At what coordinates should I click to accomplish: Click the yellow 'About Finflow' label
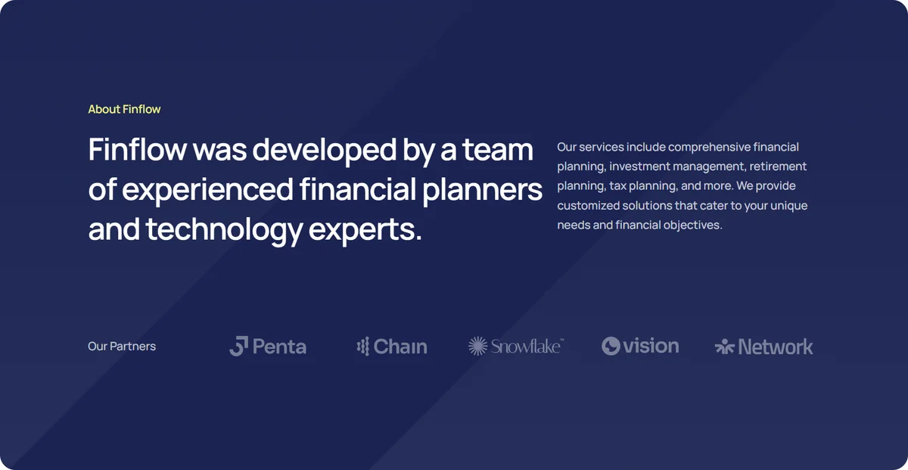pyautogui.click(x=124, y=109)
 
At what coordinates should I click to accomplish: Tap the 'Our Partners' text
pyautogui.click(x=122, y=347)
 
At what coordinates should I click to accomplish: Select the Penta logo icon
pyautogui.click(x=239, y=346)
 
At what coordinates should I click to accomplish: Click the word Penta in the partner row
pyautogui.click(x=279, y=347)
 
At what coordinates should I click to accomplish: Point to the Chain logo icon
pyautogui.click(x=363, y=347)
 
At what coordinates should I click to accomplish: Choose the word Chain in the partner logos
pyautogui.click(x=400, y=347)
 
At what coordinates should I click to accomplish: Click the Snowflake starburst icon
pyautogui.click(x=478, y=346)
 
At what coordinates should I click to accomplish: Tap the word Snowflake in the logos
pyautogui.click(x=527, y=347)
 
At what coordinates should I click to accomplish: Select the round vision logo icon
pyautogui.click(x=611, y=346)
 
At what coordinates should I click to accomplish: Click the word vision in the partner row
pyautogui.click(x=651, y=346)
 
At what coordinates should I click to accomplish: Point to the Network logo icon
pyautogui.click(x=724, y=347)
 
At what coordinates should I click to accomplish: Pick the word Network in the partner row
pyautogui.click(x=776, y=347)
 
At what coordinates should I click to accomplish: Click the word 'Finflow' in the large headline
pyautogui.click(x=138, y=150)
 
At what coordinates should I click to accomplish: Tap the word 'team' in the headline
pyautogui.click(x=497, y=150)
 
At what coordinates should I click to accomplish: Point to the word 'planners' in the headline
pyautogui.click(x=482, y=190)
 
